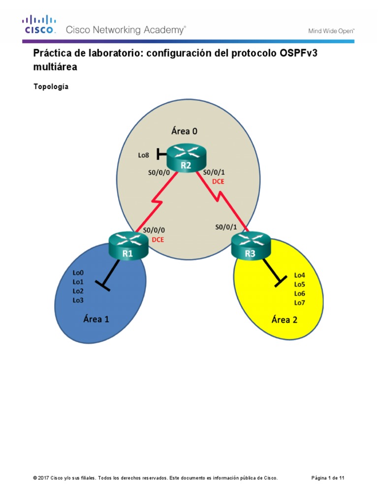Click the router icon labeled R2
click(186, 158)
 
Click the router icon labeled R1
click(127, 246)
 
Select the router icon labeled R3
click(251, 246)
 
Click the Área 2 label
click(284, 319)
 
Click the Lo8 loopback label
click(144, 156)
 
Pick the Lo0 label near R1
click(78, 272)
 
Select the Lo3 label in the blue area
click(78, 300)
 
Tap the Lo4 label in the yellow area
click(299, 275)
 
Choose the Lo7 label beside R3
click(299, 303)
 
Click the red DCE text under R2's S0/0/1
click(218, 181)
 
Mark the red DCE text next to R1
click(157, 240)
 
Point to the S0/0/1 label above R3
click(226, 227)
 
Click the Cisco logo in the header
click(39, 25)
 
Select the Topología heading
click(51, 87)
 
